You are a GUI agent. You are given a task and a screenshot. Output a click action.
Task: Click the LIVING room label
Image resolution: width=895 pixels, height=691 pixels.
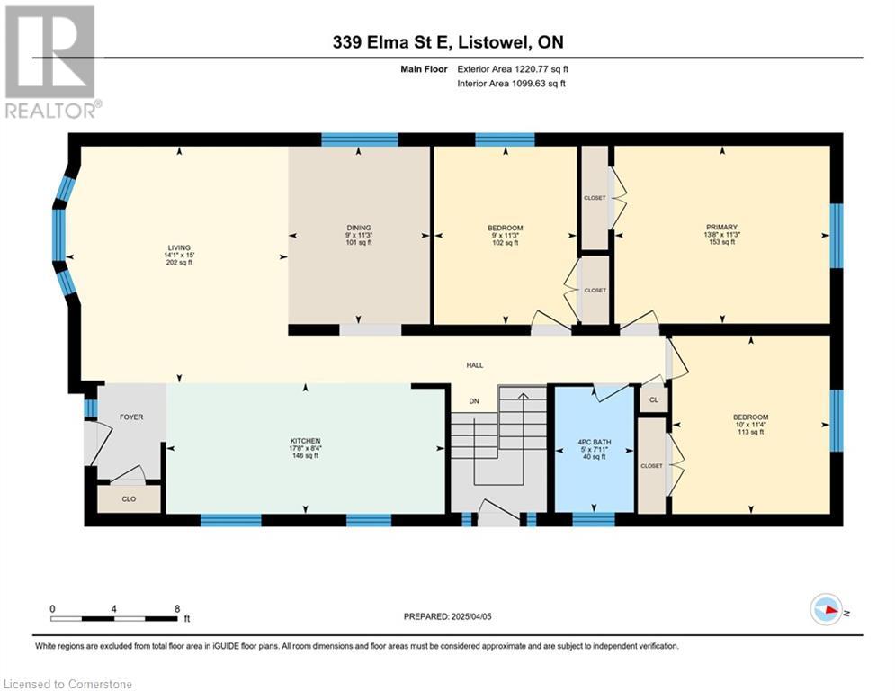point(179,247)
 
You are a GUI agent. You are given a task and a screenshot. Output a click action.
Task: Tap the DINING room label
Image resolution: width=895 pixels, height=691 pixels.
point(359,228)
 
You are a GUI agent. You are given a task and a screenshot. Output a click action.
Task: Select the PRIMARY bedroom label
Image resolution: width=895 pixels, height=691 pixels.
point(722,227)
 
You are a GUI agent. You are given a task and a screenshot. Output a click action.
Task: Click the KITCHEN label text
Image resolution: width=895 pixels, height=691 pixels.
point(305,441)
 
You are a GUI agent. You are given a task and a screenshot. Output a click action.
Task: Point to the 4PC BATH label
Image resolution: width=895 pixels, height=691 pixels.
point(595,442)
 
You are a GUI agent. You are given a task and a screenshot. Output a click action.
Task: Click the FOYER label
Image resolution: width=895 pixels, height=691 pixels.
point(131,417)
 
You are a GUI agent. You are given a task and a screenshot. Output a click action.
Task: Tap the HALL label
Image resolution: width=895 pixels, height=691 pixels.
point(475,365)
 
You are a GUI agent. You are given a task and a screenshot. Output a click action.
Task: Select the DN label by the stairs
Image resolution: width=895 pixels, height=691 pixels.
point(474,401)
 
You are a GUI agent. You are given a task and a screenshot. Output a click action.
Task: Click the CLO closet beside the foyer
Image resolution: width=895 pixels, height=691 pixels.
point(129,499)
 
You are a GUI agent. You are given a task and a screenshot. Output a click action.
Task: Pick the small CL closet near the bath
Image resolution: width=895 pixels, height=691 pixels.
point(654,399)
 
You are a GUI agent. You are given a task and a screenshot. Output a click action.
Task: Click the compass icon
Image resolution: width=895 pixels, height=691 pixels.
point(827,610)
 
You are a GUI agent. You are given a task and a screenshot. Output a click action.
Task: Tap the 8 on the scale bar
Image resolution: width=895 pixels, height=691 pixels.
point(177,609)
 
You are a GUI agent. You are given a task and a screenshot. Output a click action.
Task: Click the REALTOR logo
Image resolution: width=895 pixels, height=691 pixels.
point(51,62)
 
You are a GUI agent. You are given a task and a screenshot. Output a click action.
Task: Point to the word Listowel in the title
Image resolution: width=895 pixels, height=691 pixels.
point(495,42)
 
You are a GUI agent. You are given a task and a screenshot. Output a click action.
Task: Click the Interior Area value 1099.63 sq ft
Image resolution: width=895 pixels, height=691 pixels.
point(539,84)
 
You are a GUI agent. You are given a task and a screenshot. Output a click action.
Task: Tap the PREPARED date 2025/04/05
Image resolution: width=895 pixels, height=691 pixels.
point(471,616)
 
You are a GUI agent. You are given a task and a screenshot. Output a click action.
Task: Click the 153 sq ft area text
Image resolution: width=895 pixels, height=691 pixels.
point(722,242)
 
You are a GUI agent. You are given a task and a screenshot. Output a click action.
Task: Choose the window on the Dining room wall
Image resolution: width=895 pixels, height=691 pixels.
point(360,140)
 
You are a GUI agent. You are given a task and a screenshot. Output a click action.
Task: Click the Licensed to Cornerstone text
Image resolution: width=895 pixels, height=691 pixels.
point(67,684)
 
